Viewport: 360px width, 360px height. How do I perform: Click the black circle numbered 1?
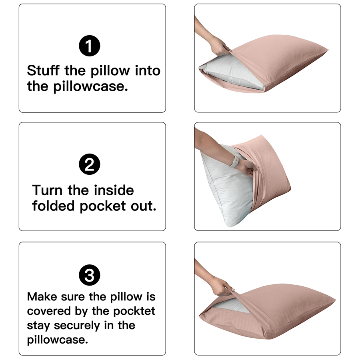click(x=90, y=46)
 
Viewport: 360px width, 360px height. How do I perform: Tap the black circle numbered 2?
click(x=90, y=164)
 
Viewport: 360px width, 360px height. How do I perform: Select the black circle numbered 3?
click(x=90, y=275)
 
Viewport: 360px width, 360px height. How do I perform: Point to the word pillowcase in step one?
click(x=90, y=87)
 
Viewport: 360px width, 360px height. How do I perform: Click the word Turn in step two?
click(x=47, y=190)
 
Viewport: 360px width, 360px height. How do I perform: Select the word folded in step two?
click(x=53, y=206)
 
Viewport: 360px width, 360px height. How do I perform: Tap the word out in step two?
click(x=144, y=206)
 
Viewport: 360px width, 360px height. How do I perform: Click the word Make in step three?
click(x=42, y=297)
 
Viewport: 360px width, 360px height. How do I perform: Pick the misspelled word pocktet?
click(x=134, y=311)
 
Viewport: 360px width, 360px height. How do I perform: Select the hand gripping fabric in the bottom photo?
click(x=222, y=286)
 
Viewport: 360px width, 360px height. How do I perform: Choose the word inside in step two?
click(x=114, y=190)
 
